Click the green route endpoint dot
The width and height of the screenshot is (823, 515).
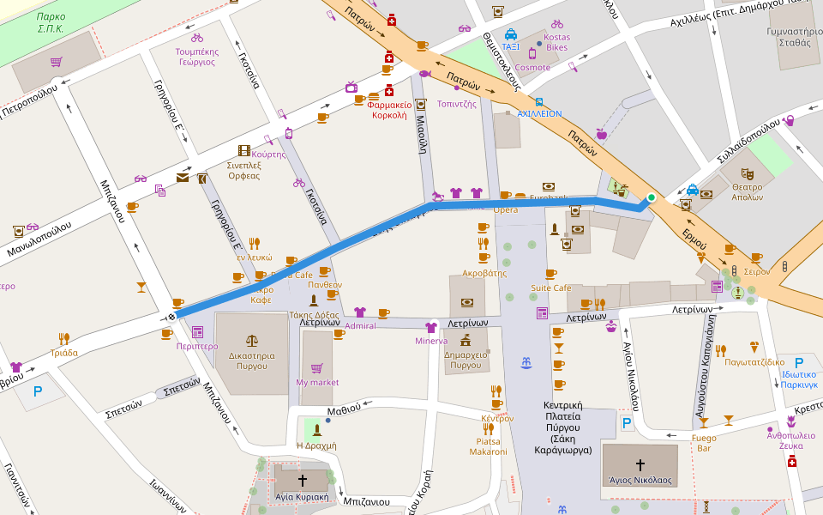651,197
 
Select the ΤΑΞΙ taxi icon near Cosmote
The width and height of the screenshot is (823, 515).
511,35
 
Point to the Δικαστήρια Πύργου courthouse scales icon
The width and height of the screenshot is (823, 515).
252,341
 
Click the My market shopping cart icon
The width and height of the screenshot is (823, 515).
317,368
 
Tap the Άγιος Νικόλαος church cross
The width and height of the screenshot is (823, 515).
640,464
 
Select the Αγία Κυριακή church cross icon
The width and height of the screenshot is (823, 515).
302,481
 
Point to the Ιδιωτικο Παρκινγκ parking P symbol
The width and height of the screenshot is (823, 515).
799,363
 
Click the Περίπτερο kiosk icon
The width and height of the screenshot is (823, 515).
197,332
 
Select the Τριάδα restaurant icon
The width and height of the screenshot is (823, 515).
63,338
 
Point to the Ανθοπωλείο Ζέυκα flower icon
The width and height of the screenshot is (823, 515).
790,421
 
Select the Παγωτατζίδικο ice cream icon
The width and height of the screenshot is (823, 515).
754,347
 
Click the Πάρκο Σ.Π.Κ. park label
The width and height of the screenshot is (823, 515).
51,22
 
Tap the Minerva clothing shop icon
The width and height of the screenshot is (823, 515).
431,327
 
